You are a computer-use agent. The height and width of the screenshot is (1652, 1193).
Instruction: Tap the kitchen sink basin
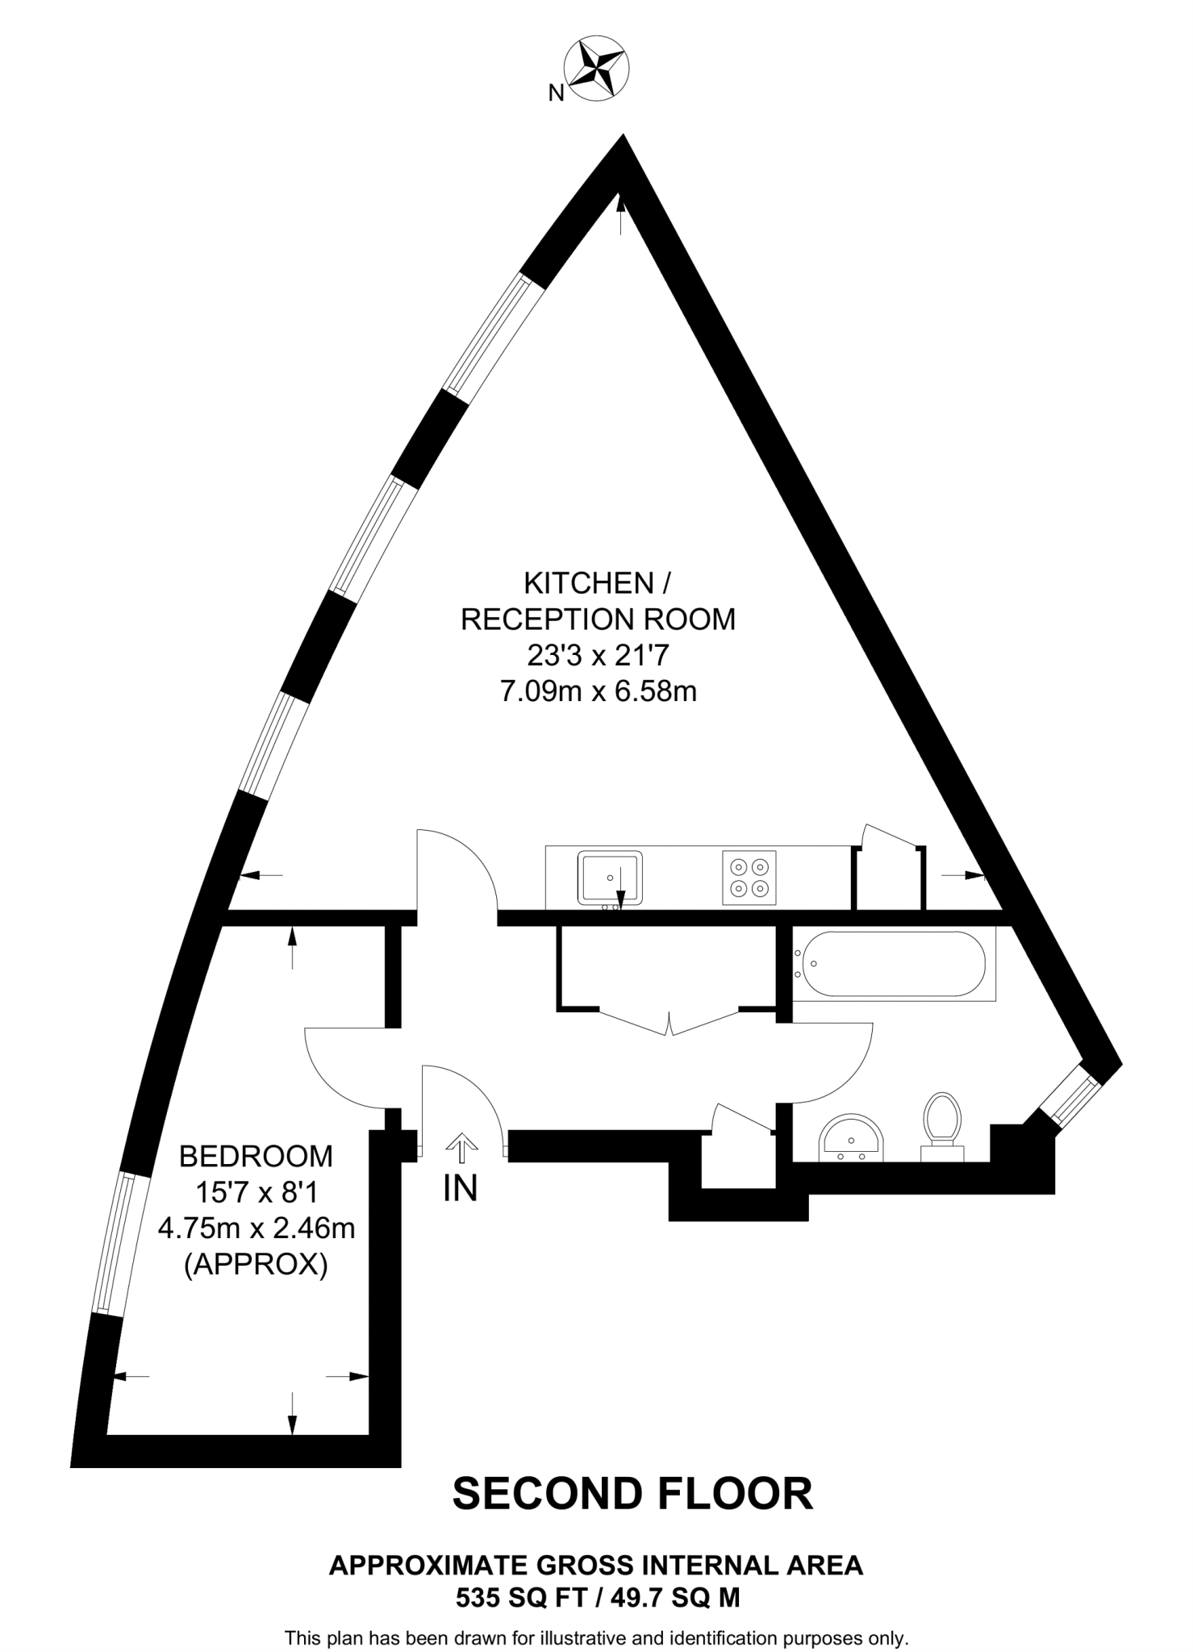click(610, 877)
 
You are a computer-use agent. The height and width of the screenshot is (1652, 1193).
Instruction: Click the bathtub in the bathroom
click(889, 964)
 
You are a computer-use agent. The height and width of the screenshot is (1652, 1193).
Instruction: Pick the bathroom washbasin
click(851, 1139)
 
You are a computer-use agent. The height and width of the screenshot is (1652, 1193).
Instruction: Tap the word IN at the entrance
click(461, 1188)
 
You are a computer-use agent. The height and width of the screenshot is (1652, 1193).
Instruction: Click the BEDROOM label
click(256, 1157)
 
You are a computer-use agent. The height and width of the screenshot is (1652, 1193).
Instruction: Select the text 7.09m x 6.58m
click(599, 691)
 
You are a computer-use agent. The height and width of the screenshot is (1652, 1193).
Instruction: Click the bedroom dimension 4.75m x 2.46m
click(257, 1228)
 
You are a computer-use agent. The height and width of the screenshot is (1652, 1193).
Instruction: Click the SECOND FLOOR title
click(632, 1494)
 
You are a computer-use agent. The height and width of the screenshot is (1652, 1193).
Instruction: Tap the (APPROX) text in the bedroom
click(257, 1264)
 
